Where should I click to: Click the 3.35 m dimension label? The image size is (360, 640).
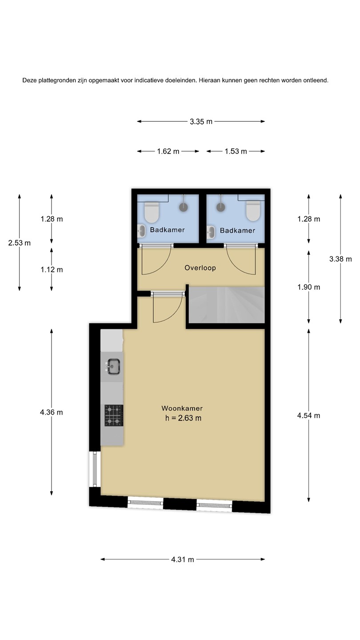[x=201, y=122]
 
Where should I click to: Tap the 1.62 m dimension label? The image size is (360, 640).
[x=168, y=152]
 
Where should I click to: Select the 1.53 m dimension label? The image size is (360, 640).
[x=236, y=152]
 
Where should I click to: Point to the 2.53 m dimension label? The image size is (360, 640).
[x=20, y=243]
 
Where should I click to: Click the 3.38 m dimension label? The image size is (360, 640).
[x=340, y=259]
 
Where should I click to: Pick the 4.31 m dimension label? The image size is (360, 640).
[x=183, y=560]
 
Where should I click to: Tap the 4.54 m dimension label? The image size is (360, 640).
[x=308, y=416]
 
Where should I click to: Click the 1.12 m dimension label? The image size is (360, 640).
[x=52, y=270]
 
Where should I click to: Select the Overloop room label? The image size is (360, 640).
[x=200, y=268]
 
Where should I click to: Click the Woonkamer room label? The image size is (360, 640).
[x=182, y=408]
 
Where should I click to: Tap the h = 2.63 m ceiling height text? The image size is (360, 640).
[x=183, y=418]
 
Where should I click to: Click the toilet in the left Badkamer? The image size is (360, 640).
[x=152, y=212]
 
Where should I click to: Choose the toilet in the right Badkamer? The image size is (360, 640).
[x=253, y=211]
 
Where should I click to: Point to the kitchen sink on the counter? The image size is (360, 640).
[x=113, y=367]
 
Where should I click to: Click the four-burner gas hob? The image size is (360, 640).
[x=114, y=416]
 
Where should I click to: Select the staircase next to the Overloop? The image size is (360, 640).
[x=227, y=305]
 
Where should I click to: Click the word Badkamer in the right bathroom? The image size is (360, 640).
[x=237, y=231]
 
